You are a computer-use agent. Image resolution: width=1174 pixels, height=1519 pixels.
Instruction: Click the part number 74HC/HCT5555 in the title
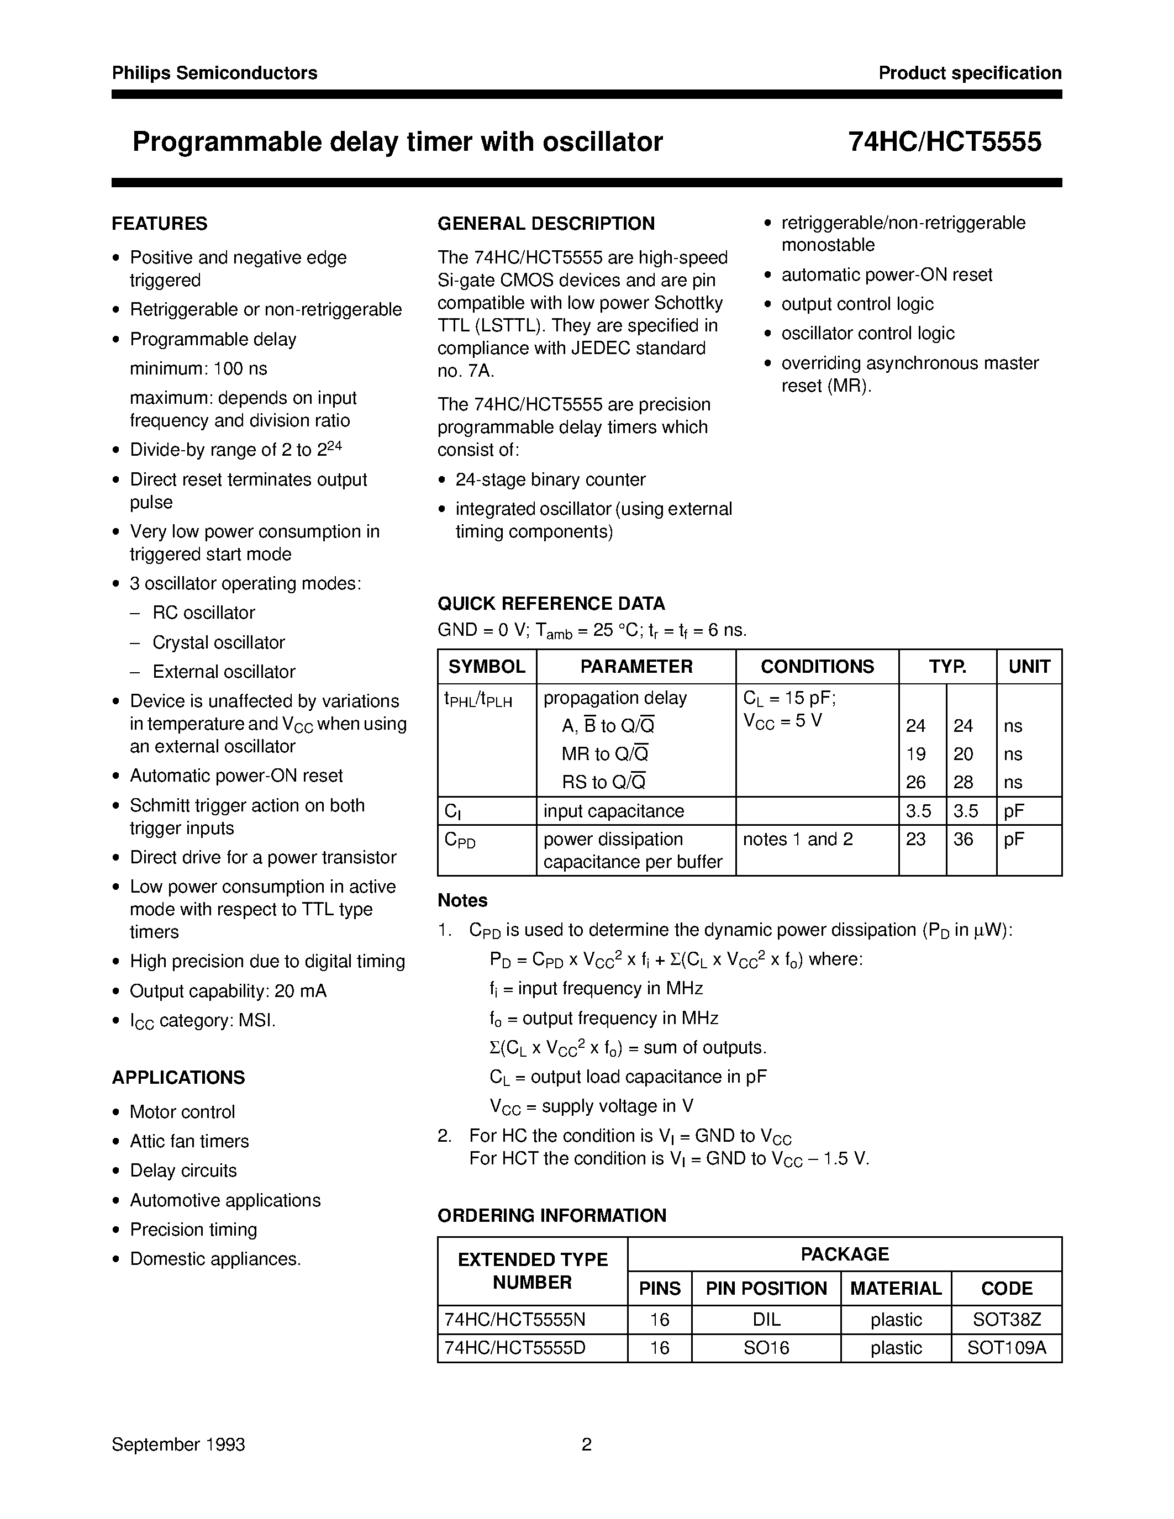click(x=945, y=142)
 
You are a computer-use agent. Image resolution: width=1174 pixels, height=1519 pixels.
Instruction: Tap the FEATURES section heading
click(x=159, y=223)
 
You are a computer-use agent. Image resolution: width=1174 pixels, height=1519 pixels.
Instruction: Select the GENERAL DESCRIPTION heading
click(x=546, y=223)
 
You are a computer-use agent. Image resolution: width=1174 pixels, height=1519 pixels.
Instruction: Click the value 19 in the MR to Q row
click(x=915, y=754)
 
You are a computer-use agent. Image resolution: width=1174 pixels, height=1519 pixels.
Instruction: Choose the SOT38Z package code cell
click(x=1007, y=1320)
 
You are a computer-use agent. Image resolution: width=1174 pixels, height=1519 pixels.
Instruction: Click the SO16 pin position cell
click(x=766, y=1348)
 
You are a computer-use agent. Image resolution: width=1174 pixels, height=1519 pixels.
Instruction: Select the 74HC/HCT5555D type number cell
click(x=515, y=1348)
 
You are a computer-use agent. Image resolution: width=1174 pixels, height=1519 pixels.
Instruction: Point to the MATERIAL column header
click(x=895, y=1288)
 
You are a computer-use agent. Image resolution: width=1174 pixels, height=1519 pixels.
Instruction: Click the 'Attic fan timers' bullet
click(x=189, y=1141)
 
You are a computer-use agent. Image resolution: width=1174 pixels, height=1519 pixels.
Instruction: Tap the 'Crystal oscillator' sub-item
click(x=218, y=642)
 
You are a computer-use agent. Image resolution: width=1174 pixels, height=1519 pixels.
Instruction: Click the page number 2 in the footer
click(x=586, y=1444)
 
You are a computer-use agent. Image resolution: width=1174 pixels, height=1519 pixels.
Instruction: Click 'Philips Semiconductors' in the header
click(x=214, y=73)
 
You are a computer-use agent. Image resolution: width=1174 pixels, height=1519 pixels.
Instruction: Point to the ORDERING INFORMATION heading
click(x=551, y=1215)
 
